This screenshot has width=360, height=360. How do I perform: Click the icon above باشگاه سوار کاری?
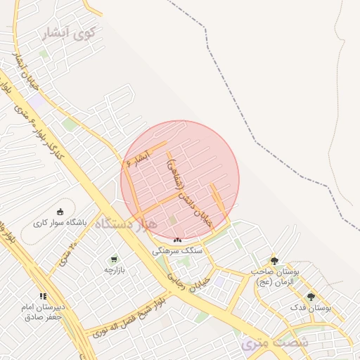coord(60,211)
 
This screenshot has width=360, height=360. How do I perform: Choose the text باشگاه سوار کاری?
coord(60,223)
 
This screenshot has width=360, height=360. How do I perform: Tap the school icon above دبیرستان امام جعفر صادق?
coord(42,296)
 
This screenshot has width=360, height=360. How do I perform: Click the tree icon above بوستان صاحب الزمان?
coord(274,260)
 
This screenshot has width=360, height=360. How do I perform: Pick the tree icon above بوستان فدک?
coord(311,297)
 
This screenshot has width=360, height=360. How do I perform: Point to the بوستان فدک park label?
coord(310,308)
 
